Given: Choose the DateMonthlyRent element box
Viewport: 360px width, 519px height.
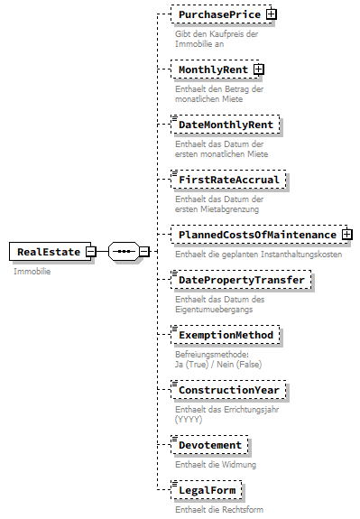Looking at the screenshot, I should click(x=226, y=124).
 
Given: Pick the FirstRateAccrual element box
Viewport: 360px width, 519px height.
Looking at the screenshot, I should click(x=229, y=179).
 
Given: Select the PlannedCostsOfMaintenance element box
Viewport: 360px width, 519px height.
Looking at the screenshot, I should click(x=256, y=235).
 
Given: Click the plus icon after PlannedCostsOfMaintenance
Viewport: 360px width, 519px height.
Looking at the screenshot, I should click(x=346, y=235).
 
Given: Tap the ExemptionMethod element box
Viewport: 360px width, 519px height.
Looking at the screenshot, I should click(x=226, y=335).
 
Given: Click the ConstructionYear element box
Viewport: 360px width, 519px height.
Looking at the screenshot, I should click(x=230, y=390).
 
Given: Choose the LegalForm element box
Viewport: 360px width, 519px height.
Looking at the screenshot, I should click(x=208, y=490).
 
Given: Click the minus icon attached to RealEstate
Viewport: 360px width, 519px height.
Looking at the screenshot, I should click(x=90, y=251).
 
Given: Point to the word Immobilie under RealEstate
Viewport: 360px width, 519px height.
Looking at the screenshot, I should click(x=32, y=271).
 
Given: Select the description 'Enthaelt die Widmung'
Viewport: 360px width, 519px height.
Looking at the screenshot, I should click(x=216, y=465).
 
